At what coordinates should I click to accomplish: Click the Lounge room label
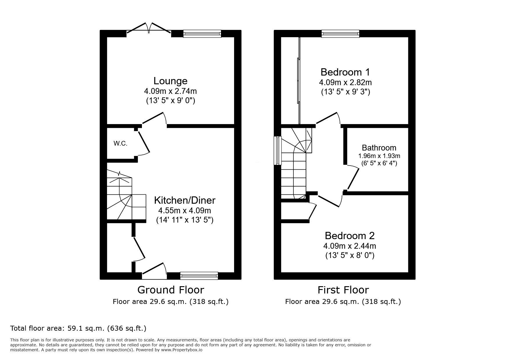pos(170,81)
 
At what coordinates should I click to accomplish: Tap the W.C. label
pos(120,143)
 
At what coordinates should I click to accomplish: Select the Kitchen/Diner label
pos(185,200)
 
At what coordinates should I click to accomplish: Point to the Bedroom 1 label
pos(345,72)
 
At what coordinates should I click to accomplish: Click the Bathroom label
pos(379,148)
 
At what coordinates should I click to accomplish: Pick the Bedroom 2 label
pos(350,236)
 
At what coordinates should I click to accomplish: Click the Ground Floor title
pos(171,290)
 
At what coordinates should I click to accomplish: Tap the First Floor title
pos(343,290)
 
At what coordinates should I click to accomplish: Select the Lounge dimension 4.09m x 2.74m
pos(170,91)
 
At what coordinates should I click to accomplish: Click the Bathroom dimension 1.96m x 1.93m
pos(379,156)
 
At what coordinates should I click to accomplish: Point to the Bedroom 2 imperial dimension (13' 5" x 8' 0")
pos(350,255)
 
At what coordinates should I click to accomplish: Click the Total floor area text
pos(78,328)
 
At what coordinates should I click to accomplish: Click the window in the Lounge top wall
pos(202,34)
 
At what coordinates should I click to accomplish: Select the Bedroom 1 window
pos(341,34)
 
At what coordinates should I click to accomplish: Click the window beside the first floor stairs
pos(278,151)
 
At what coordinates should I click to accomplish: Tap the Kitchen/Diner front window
pos(199,276)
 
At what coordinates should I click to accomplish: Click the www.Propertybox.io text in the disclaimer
pos(182,350)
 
